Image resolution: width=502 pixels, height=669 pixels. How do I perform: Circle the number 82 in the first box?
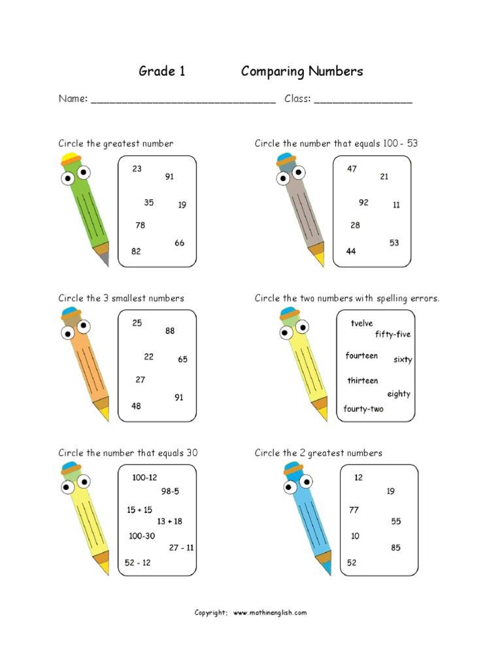pyautogui.click(x=136, y=251)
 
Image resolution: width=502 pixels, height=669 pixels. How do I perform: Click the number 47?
pyautogui.click(x=352, y=169)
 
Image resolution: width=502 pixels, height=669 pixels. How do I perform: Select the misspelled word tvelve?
pyautogui.click(x=361, y=323)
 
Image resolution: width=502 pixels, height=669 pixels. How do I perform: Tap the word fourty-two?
pyautogui.click(x=363, y=409)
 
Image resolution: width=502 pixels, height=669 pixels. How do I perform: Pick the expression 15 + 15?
pyautogui.click(x=139, y=510)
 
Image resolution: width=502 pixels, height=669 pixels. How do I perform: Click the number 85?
pyautogui.click(x=396, y=548)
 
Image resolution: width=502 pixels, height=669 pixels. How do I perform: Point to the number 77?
pyautogui.click(x=354, y=510)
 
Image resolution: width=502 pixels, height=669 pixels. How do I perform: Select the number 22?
pyautogui.click(x=149, y=357)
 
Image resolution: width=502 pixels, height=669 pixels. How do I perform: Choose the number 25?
pyautogui.click(x=137, y=323)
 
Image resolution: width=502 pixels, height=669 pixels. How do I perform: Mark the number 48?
pyautogui.click(x=136, y=406)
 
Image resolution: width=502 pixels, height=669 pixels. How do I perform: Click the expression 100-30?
pyautogui.click(x=142, y=536)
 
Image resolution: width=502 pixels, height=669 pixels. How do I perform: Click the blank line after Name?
pyautogui.click(x=183, y=101)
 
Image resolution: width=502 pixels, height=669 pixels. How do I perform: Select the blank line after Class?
pyautogui.click(x=363, y=101)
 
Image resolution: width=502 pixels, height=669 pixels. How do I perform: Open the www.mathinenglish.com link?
pyautogui.click(x=269, y=613)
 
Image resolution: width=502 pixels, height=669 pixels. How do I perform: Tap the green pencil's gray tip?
pyautogui.click(x=105, y=260)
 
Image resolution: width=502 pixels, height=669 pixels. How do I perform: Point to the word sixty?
pyautogui.click(x=403, y=360)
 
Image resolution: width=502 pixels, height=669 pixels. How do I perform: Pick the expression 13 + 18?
pyautogui.click(x=169, y=521)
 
